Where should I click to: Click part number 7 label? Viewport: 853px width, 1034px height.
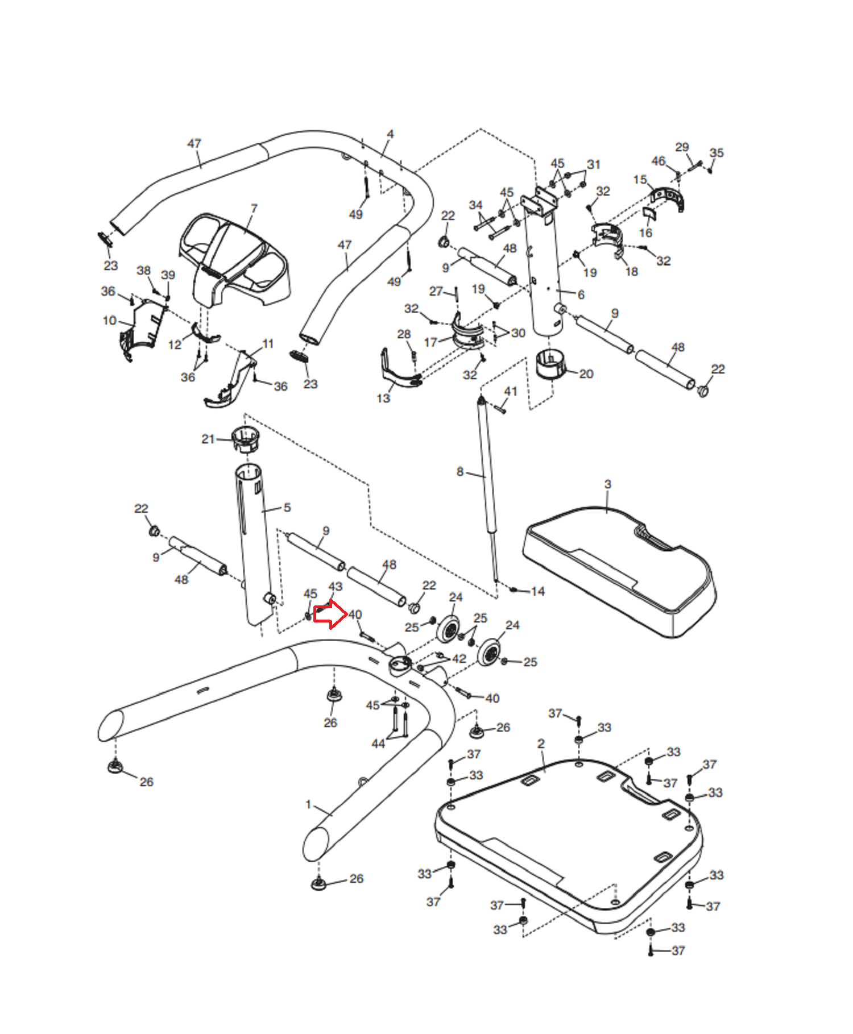coord(254,209)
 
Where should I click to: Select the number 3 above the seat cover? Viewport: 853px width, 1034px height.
coord(608,484)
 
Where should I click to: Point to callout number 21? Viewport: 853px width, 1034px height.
coord(208,439)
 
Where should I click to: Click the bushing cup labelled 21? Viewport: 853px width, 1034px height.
coord(245,439)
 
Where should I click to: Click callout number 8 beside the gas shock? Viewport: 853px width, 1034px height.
coord(460,471)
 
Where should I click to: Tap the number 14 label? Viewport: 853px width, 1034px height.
coord(538,591)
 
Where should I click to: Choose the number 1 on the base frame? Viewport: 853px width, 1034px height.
coord(308,804)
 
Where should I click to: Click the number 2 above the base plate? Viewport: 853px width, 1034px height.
coord(541,744)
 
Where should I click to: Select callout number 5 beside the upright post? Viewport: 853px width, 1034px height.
coord(287,507)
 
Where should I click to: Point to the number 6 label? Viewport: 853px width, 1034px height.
coord(581,294)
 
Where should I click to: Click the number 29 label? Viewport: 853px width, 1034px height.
coord(682,147)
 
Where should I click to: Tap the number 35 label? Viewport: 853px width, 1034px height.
coord(717,152)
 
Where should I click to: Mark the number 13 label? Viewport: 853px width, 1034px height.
coord(383,398)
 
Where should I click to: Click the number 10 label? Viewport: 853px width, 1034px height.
coord(110,321)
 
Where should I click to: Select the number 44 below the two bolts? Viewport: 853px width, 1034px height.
coord(378,744)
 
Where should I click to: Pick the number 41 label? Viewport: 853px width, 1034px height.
coord(511,391)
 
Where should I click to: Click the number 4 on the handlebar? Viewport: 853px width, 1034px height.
coord(390,134)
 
